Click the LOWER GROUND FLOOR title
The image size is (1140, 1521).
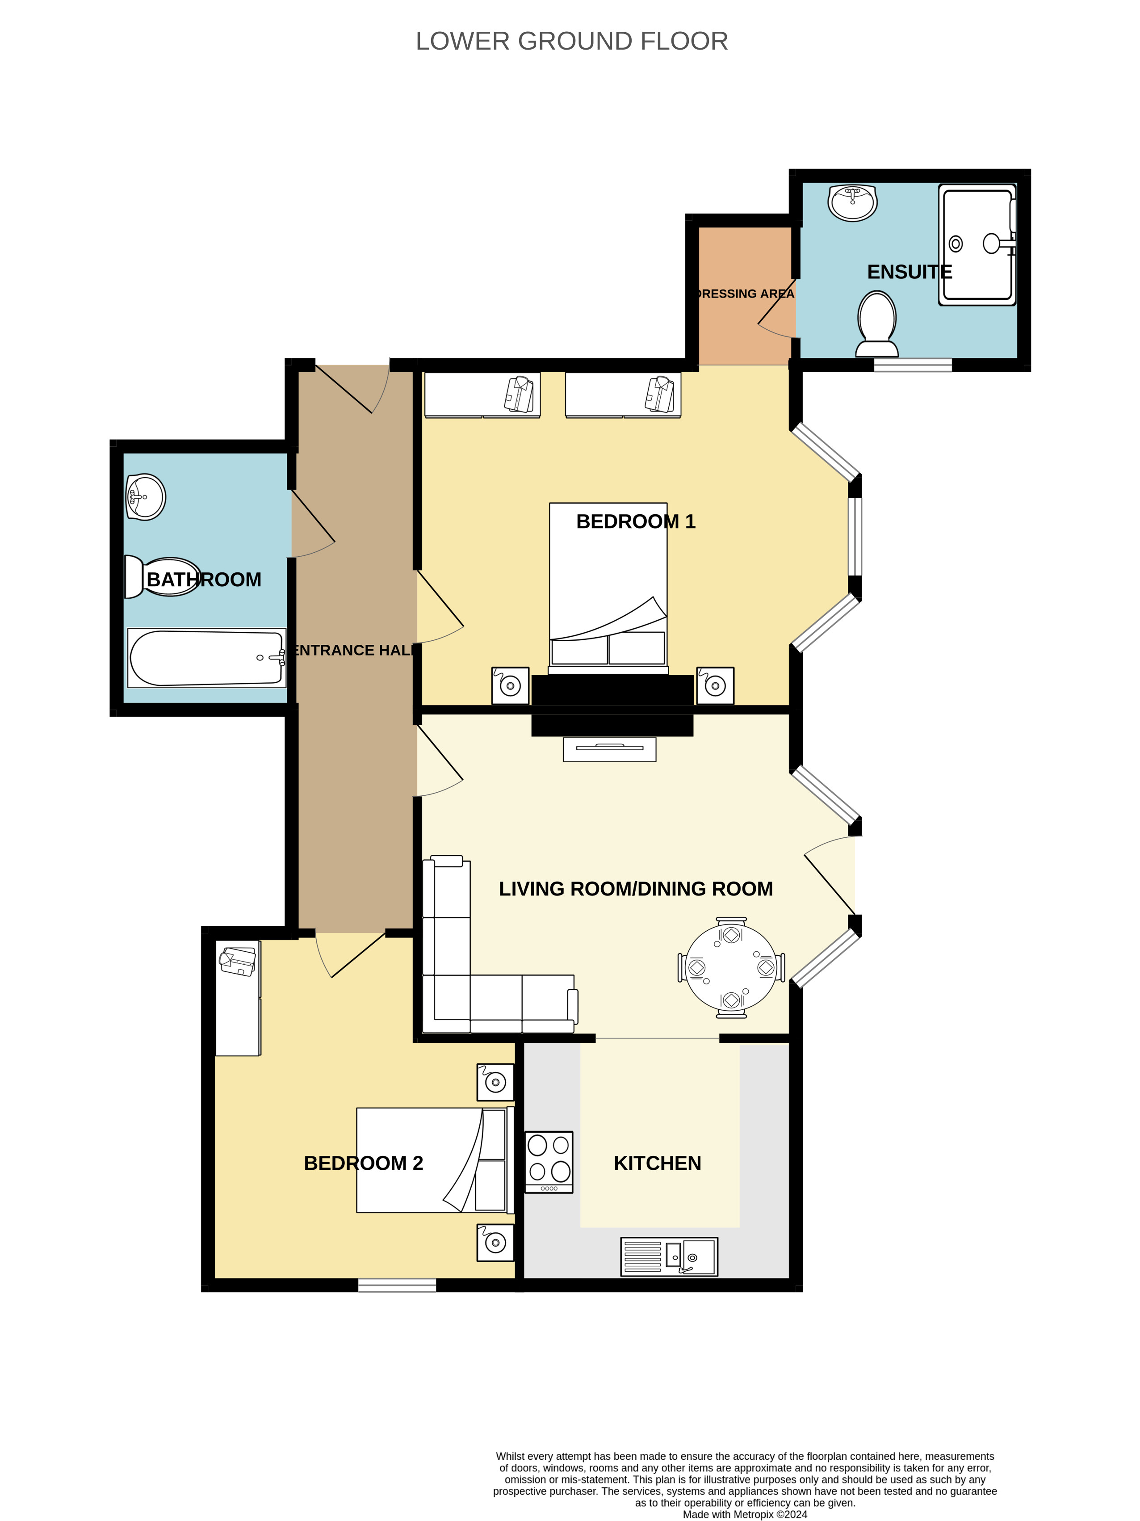[x=571, y=41]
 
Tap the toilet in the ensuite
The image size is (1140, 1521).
[x=876, y=324]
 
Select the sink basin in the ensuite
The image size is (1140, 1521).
[x=853, y=202]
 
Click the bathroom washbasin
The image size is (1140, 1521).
[x=146, y=496]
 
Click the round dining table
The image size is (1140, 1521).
[x=731, y=967]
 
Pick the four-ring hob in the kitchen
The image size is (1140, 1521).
[x=549, y=1162]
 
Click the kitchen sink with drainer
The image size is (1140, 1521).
[x=669, y=1257]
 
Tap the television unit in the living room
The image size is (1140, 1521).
[x=609, y=749]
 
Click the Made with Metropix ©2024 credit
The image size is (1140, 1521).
[x=745, y=1514]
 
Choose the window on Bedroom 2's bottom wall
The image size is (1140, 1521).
[x=397, y=1285]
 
